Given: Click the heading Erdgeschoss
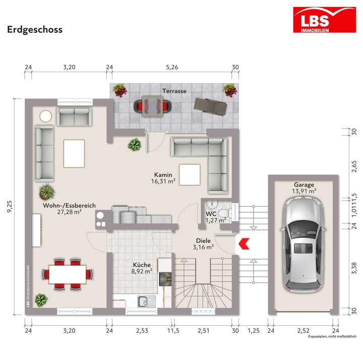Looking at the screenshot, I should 35,29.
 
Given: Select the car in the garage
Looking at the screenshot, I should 302,244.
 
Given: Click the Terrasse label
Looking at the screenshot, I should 174,91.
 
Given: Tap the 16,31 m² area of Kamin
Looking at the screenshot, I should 165,182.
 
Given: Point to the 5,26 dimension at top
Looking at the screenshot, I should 172,67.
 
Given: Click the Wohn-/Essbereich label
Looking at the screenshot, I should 70,205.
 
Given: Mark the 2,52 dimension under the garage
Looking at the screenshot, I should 302,330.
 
